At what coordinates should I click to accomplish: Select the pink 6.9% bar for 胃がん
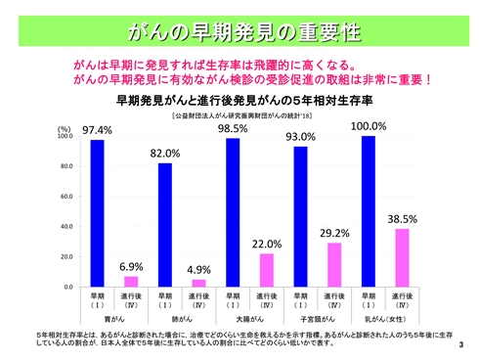(x=131, y=282)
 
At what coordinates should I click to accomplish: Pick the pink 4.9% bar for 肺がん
(x=198, y=283)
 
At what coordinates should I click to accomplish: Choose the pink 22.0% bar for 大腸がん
(x=266, y=270)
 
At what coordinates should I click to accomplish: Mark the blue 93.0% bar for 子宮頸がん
(x=300, y=216)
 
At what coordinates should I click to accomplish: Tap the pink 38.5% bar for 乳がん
(x=402, y=257)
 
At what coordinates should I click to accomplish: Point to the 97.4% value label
(x=96, y=129)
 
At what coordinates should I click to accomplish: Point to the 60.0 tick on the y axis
(x=66, y=197)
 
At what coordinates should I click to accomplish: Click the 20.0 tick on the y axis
(x=66, y=257)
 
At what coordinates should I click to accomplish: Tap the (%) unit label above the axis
(x=64, y=129)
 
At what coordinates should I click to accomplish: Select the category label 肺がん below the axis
(x=181, y=318)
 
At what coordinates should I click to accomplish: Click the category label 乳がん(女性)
(x=384, y=318)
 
